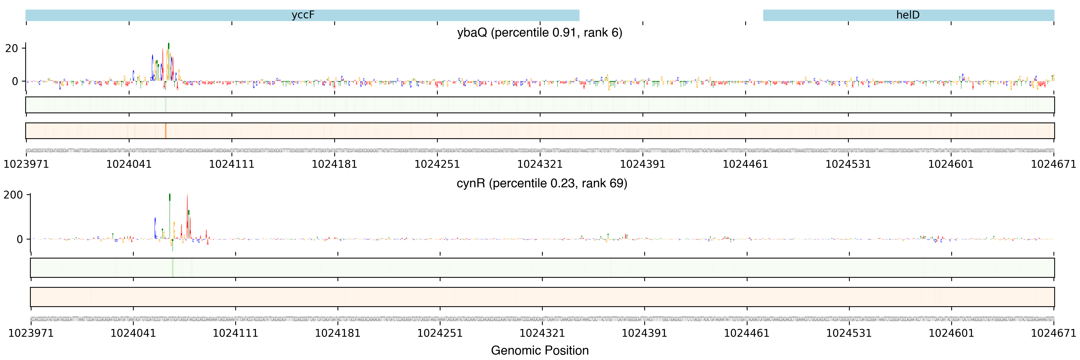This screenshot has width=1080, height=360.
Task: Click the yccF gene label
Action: click(303, 15)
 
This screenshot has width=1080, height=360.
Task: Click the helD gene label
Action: click(908, 15)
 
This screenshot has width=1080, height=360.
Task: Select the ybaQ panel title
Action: click(539, 33)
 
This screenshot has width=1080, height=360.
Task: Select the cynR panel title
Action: click(542, 183)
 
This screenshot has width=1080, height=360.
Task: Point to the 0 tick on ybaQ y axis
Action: click(15, 81)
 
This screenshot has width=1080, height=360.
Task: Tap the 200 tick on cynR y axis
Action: click(13, 195)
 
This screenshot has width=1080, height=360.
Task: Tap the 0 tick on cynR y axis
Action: click(20, 239)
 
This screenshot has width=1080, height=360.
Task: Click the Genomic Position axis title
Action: click(539, 350)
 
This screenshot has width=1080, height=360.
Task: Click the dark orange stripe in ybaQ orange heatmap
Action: click(165, 131)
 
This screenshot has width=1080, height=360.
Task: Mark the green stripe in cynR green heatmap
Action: click(172, 268)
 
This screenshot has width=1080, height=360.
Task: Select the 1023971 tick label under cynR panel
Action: click(31, 333)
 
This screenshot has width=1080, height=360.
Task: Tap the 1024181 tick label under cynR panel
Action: click(337, 333)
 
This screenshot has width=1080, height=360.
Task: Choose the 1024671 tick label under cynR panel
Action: click(1053, 333)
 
